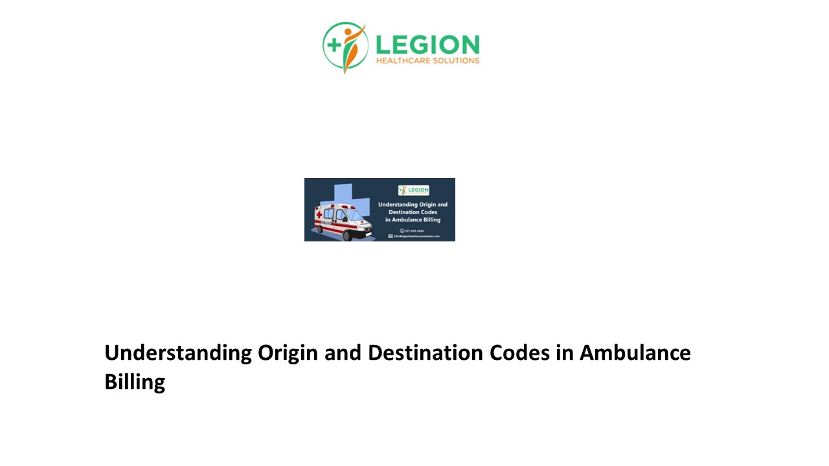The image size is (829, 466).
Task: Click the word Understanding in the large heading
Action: [178, 353]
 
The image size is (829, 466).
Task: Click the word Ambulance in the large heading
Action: [635, 353]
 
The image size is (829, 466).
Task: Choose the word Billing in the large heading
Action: [135, 382]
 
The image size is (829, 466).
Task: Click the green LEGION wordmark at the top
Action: [427, 45]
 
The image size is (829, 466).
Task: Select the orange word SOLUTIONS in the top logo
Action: [457, 61]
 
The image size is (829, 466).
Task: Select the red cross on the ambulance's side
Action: [318, 214]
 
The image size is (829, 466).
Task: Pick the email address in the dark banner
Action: [416, 236]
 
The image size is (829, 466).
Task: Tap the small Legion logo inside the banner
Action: [413, 190]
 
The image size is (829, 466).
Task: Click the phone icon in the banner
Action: [402, 230]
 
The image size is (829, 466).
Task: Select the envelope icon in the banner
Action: [391, 236]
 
